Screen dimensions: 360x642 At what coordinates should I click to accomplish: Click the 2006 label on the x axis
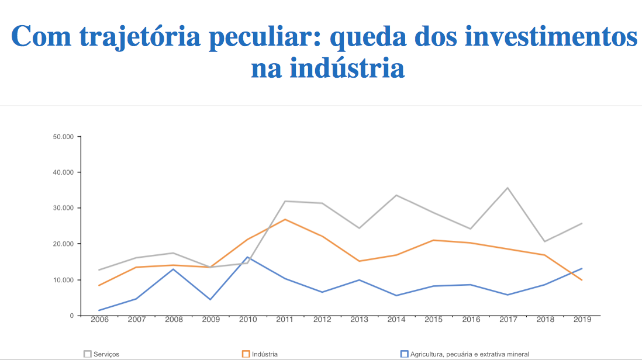point(99,320)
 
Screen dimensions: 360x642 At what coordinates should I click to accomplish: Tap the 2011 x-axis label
point(284,320)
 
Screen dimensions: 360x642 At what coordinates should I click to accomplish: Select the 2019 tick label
point(582,320)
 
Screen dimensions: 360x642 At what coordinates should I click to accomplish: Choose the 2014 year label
point(396,320)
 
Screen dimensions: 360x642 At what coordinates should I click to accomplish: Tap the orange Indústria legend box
point(246,354)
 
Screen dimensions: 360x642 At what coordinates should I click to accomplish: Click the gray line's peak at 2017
point(508,188)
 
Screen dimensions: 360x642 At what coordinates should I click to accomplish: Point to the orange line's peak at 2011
point(284,219)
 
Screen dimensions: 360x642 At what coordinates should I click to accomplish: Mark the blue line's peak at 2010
point(247,257)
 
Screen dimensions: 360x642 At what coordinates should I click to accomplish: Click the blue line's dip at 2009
point(210,299)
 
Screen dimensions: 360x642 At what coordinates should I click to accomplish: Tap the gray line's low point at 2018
point(545,241)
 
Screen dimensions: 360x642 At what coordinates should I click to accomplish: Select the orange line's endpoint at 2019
point(582,280)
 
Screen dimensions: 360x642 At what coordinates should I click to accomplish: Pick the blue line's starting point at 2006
point(99,310)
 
